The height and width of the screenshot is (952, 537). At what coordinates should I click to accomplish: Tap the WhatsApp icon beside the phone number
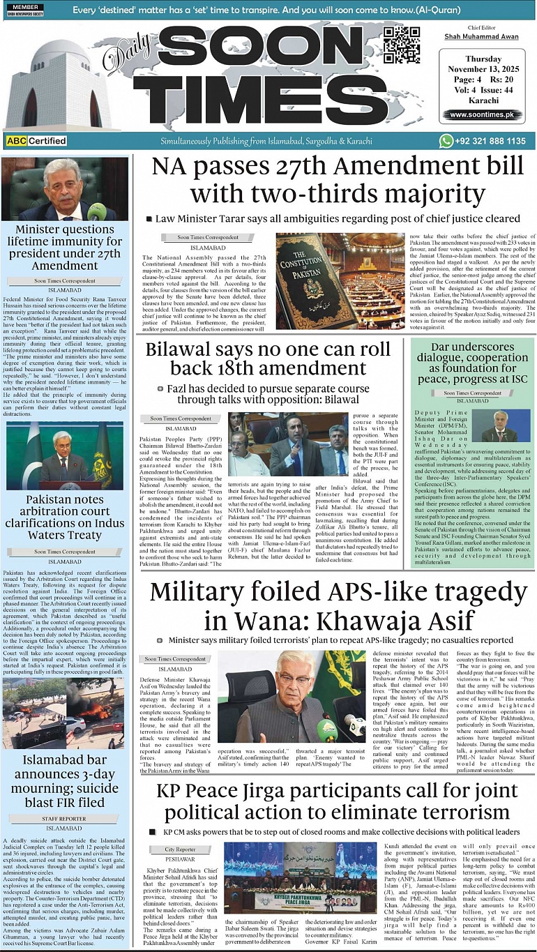[446, 141]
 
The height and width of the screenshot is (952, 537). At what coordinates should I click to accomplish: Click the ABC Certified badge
[36, 141]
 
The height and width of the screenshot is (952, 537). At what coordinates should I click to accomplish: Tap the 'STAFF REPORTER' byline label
[64, 818]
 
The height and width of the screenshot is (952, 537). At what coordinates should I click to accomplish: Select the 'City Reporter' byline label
[181, 849]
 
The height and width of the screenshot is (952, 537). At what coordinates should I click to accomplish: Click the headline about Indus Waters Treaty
[65, 517]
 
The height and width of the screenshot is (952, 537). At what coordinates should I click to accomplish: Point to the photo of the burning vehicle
[64, 713]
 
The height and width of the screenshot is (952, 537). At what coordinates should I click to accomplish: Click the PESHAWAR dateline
[181, 859]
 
